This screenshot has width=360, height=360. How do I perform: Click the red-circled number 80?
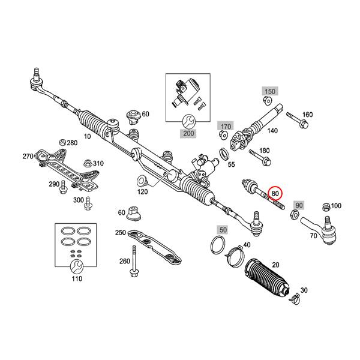(275, 193)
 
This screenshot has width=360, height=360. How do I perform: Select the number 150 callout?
(269, 91)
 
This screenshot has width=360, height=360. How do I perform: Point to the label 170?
(226, 127)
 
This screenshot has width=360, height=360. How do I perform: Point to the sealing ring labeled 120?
(142, 179)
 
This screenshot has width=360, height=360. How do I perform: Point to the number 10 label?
(88, 137)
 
